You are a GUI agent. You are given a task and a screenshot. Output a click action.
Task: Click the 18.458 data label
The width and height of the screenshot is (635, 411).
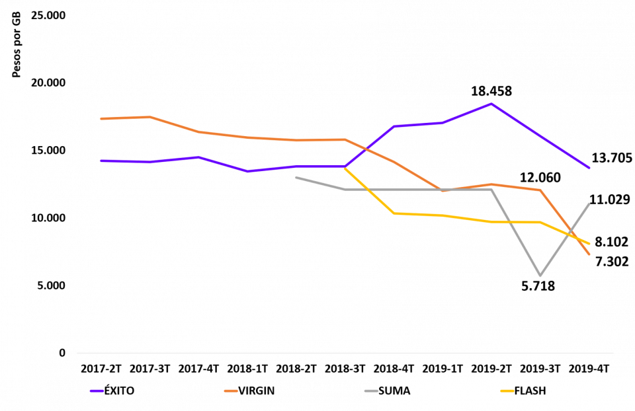coord(491,91)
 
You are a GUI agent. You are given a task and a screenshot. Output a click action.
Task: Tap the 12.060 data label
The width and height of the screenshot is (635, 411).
coord(539,177)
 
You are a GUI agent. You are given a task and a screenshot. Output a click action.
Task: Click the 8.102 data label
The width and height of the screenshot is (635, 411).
coord(611,242)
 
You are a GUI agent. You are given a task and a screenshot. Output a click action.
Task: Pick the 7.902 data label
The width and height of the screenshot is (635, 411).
coord(611,261)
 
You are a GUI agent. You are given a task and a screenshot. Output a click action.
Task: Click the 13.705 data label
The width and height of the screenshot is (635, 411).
coord(611,157)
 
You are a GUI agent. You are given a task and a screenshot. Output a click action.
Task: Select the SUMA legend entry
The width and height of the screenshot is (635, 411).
coord(394,391)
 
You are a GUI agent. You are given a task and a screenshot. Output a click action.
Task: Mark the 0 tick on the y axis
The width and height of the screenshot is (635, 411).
coord(62,354)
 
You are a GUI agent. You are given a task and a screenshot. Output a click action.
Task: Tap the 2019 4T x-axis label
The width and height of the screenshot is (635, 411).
coord(589,367)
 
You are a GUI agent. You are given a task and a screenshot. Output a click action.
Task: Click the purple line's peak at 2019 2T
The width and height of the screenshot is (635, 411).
coord(491,103)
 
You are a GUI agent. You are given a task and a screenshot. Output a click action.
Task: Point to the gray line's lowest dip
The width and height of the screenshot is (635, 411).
coord(540,276)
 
